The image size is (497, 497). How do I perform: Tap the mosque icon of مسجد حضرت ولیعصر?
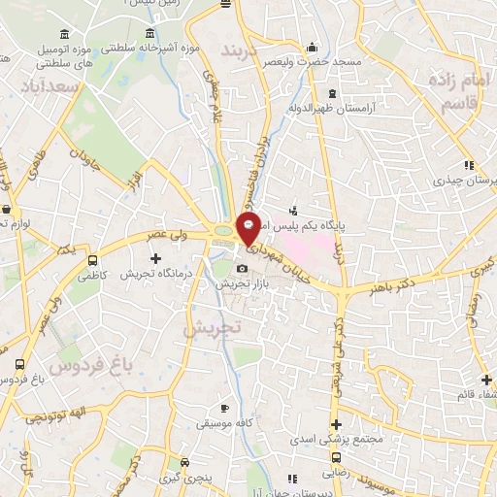coord(313,46)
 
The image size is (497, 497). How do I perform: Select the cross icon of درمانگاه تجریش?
coord(156,258)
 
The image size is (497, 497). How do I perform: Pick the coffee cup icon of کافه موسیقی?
coord(225,409)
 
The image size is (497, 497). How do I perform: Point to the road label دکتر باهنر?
coord(364,289)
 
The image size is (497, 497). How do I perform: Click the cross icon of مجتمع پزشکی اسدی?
coord(336,424)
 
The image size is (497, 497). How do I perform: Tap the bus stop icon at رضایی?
coord(336,456)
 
